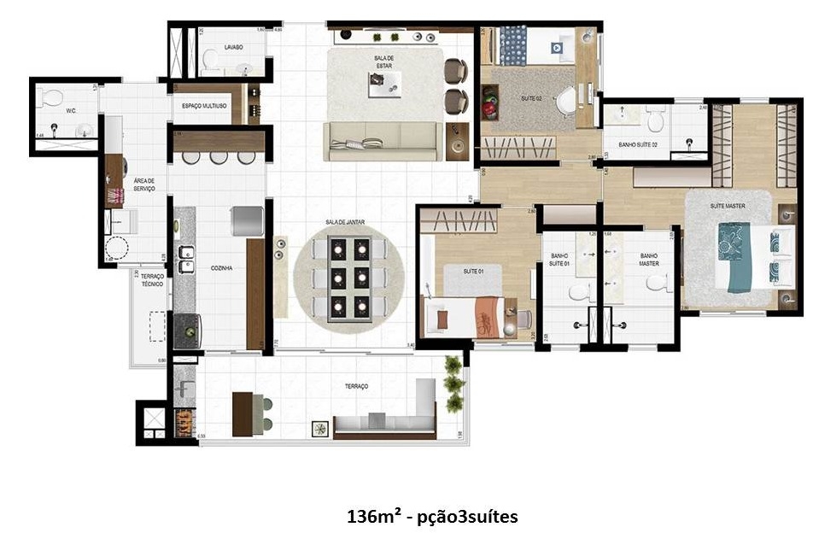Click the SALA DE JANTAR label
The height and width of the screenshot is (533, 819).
point(344,221)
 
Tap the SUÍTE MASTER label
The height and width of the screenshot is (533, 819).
point(728,206)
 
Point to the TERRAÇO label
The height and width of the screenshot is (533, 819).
point(356,386)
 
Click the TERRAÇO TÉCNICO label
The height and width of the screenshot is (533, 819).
point(152,283)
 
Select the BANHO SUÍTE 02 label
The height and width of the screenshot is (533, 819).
point(632,144)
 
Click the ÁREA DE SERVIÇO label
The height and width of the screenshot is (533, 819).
point(143,184)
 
